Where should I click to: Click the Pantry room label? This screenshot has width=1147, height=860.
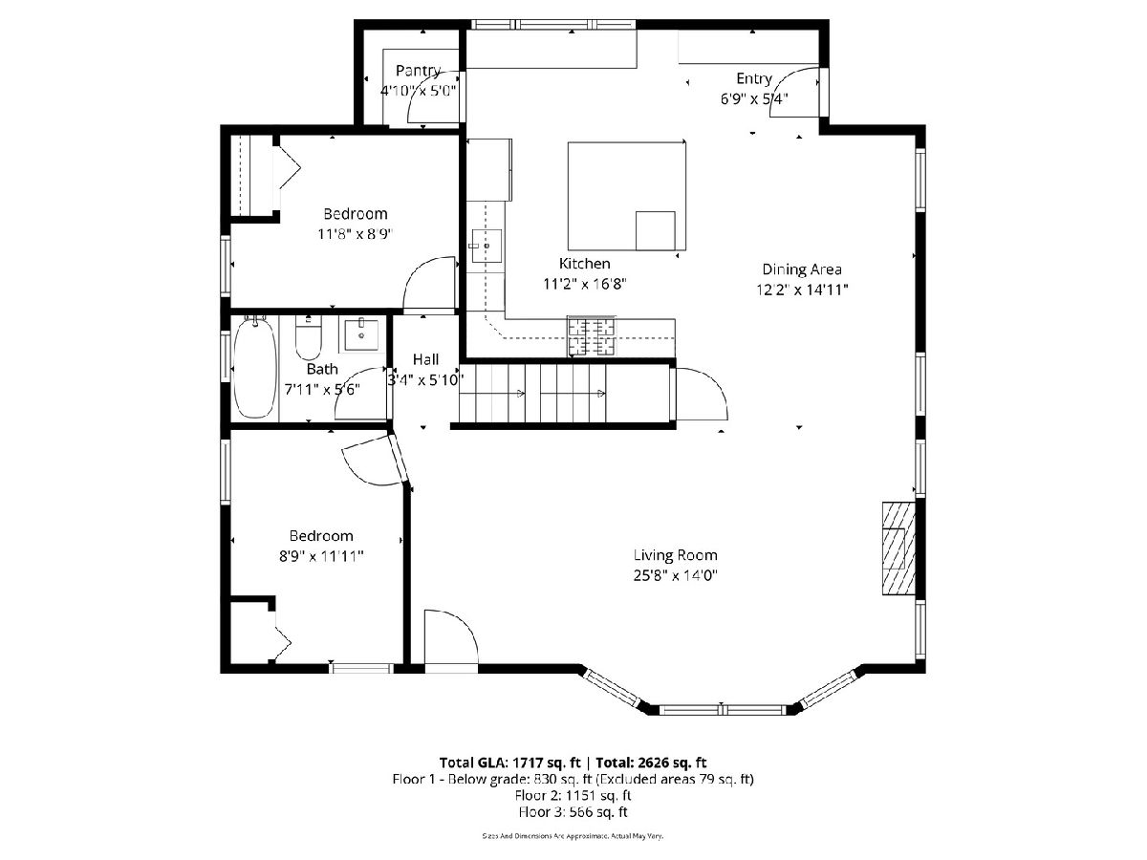418,71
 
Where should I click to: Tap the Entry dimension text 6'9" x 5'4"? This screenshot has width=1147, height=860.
754,98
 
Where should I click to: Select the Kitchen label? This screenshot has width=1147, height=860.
584,263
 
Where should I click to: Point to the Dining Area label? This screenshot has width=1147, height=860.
802,269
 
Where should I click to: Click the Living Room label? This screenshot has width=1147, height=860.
675,555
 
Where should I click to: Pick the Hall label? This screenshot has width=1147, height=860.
425,359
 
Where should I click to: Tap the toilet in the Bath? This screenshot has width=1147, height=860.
309,337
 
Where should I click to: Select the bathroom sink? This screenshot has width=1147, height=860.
360,335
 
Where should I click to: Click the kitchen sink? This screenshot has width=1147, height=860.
486,246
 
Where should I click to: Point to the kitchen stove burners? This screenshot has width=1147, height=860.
591,336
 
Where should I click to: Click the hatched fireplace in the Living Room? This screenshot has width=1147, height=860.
898,548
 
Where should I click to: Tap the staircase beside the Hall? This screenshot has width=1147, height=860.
564,393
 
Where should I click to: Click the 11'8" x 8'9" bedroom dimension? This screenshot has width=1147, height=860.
355,234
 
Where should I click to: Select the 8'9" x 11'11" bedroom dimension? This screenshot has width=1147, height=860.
321,556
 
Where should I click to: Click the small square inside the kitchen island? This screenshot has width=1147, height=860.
655,231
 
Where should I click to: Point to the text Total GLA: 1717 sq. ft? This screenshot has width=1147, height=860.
509,763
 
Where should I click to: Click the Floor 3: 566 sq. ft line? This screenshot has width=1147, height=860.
573,812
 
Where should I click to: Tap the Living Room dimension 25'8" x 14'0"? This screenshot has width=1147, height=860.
675,575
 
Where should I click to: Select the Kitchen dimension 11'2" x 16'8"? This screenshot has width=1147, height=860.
585,284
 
